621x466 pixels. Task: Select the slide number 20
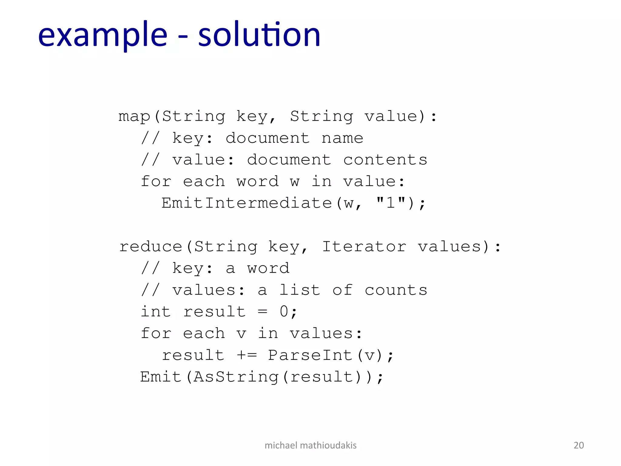579,445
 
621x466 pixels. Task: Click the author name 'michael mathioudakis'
310,445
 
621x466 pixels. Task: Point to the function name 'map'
134,116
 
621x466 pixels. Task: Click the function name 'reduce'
151,246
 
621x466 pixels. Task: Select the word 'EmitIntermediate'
247,203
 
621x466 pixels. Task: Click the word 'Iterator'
364,246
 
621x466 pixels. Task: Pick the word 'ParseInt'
310,355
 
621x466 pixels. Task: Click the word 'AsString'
236,377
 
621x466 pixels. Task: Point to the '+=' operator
247,355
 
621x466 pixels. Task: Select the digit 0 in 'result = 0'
284,312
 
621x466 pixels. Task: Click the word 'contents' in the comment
385,160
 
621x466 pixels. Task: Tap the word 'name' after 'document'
342,138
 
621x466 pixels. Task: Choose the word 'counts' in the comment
396,290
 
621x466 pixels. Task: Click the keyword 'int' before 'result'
156,312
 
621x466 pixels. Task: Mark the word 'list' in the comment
300,290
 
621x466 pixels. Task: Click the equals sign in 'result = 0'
262,312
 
